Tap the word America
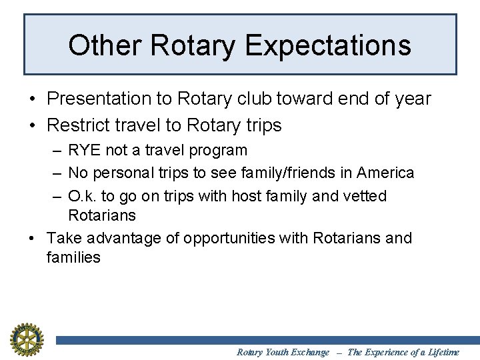pyautogui.click(x=385, y=173)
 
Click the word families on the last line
pyautogui.click(x=73, y=257)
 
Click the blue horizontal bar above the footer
pyautogui.click(x=267, y=340)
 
